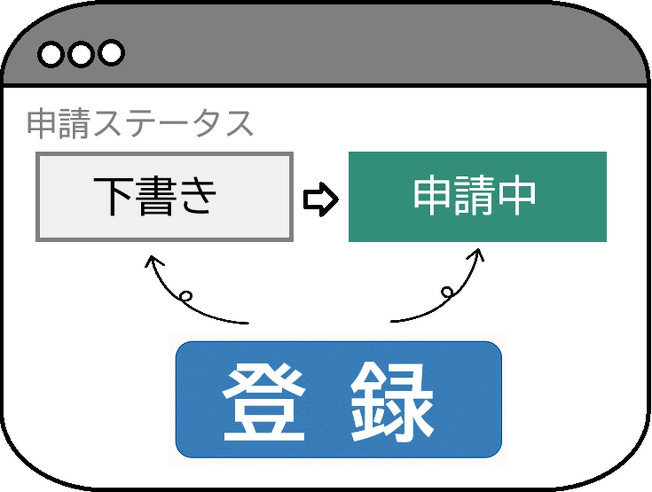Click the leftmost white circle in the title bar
pos(51,55)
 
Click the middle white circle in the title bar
pos(81,54)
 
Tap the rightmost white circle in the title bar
pos(111,53)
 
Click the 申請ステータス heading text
pos(140,123)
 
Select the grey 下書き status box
pos(165,197)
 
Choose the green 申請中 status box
pos(478,197)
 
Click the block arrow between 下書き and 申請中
pos(321,199)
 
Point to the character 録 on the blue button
pos(392,401)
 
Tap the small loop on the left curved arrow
pos(186,296)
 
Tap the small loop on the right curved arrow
pos(447,292)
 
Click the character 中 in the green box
pos(517,195)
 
